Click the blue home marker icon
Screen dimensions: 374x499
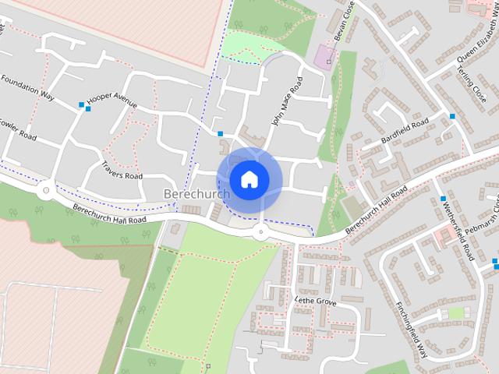tap(249, 180)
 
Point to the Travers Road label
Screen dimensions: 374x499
tap(122, 171)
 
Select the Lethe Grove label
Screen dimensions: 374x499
tap(315, 300)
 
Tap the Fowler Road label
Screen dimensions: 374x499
tap(17, 129)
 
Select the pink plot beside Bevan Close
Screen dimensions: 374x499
tap(324, 55)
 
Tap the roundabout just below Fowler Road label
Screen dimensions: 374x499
tap(45, 189)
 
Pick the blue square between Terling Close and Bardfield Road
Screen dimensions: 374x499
tap(452, 116)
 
